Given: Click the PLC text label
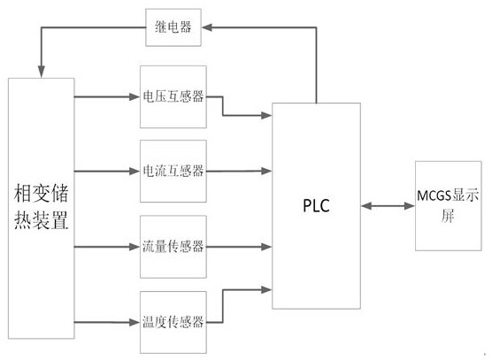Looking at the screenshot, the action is [316, 206].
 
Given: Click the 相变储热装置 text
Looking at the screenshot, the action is [41, 207].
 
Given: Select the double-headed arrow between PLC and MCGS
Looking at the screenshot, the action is [388, 206].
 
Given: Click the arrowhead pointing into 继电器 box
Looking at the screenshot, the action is [207, 27].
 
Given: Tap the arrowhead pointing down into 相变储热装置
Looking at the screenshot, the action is [41, 72].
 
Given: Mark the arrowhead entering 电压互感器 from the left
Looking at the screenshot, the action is [135, 97].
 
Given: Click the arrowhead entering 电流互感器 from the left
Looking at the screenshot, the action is [135, 172].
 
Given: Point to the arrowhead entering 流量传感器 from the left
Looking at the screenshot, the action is [135, 247].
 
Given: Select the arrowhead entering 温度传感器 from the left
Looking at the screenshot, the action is [135, 322].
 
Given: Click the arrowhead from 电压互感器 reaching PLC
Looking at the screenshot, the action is [266, 115].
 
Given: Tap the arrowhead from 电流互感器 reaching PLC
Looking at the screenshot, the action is [266, 171].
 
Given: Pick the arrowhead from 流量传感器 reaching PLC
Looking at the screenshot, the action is [266, 247].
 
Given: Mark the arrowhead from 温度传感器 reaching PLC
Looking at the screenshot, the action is [266, 290].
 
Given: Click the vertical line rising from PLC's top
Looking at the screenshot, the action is [316, 65].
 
